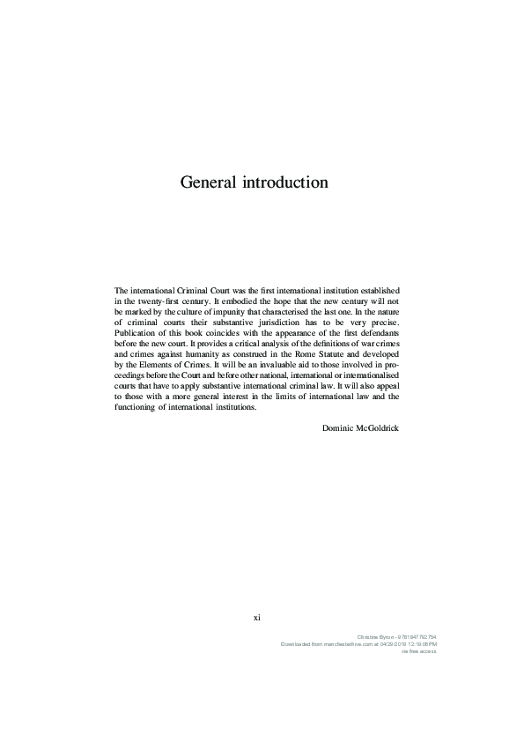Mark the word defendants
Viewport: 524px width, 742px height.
coord(380,335)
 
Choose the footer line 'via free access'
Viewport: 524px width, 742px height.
coord(419,652)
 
